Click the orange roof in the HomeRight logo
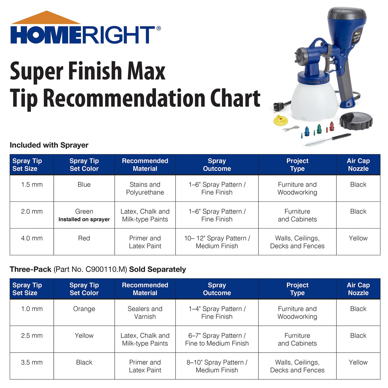(46, 18)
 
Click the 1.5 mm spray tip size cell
(32, 185)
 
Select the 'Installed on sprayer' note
(84, 220)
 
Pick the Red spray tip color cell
(84, 238)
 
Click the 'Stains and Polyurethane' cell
(145, 189)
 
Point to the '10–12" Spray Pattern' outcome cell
(217, 242)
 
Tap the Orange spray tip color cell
(84, 309)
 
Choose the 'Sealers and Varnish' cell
(145, 313)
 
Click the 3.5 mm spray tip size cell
(32, 362)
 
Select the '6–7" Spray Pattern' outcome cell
(217, 339)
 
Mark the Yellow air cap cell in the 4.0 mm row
(358, 238)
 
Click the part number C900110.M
(106, 269)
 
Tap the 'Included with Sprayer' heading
(49, 145)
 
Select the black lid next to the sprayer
(356, 120)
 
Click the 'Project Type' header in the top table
(297, 165)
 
